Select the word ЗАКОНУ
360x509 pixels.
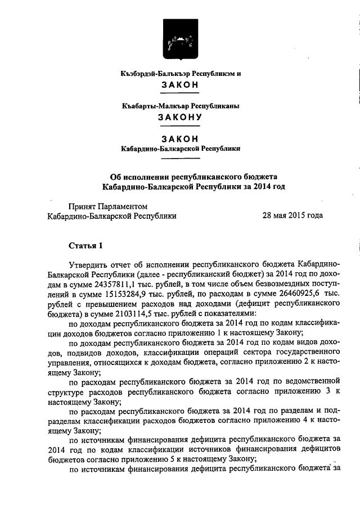(x=179, y=118)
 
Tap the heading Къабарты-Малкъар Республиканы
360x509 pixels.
(x=180, y=106)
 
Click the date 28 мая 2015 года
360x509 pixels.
(x=292, y=215)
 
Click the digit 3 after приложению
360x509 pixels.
(x=326, y=393)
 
